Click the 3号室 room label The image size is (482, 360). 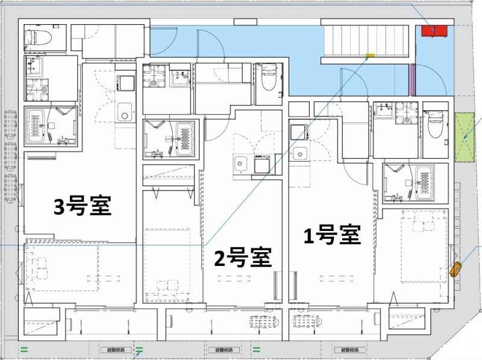[82, 207]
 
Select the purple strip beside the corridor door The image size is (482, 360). [412, 80]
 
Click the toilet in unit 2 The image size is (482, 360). [266, 77]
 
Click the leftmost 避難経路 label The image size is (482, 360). [116, 350]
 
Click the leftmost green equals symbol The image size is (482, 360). [24, 349]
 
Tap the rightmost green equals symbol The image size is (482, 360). [256, 349]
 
